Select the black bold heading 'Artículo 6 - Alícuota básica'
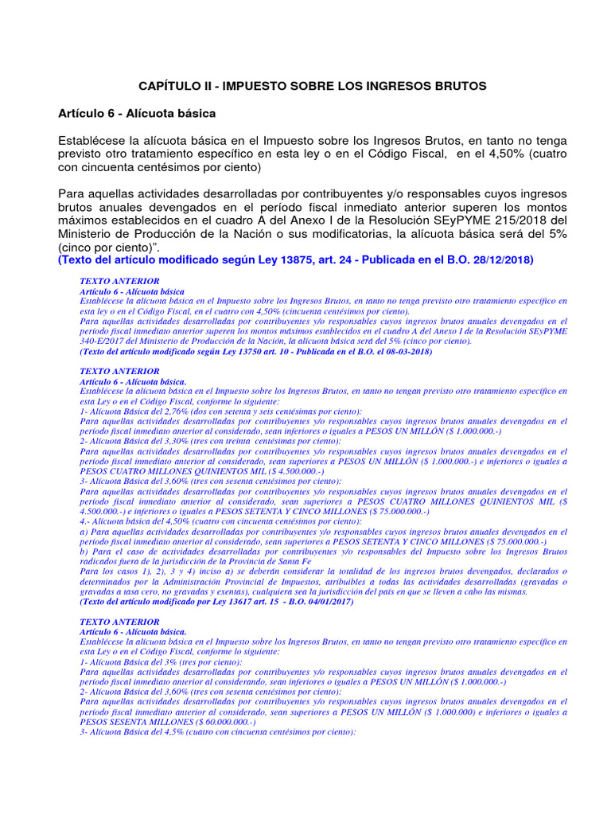(137, 115)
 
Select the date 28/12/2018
(503, 260)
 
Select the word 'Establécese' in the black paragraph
(91, 140)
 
